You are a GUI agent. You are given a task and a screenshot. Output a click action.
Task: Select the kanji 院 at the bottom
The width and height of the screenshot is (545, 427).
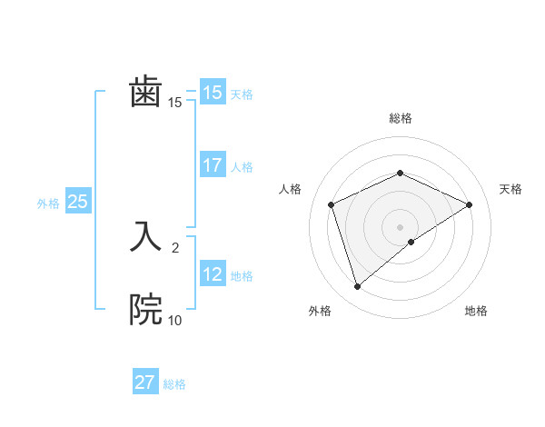click(145, 310)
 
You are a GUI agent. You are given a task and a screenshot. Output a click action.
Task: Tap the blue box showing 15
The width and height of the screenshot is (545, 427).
click(212, 92)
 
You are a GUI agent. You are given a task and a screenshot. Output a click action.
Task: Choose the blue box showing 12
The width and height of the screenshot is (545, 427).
click(212, 273)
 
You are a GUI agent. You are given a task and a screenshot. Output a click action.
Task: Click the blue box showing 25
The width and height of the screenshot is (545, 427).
click(77, 202)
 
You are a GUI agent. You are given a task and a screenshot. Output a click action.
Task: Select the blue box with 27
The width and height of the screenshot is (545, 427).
click(144, 382)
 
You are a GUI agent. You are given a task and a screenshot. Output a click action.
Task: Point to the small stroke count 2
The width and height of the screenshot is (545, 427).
click(174, 247)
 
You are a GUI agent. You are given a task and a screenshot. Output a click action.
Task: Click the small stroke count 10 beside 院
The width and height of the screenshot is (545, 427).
click(174, 320)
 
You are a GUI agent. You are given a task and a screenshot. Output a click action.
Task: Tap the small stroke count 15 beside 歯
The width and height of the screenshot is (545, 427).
click(174, 103)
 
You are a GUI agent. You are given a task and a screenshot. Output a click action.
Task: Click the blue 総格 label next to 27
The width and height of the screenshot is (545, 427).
click(174, 384)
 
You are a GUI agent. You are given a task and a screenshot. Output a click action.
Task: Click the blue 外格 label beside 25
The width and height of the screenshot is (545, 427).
click(48, 204)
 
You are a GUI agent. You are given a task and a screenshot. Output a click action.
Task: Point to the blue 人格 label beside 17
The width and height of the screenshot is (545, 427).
click(242, 167)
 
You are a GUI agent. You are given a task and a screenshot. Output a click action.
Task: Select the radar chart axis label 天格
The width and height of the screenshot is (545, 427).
click(510, 189)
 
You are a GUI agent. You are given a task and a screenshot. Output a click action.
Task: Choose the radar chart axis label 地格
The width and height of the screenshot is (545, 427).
click(476, 312)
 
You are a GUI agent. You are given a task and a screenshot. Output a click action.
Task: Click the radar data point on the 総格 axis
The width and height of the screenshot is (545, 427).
click(400, 173)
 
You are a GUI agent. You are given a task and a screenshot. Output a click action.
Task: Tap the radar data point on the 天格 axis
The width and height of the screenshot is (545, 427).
click(470, 204)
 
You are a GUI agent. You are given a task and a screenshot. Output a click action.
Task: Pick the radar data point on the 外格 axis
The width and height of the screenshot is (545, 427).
click(358, 287)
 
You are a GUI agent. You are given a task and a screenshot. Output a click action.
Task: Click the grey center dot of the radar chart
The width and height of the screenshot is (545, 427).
click(400, 227)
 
